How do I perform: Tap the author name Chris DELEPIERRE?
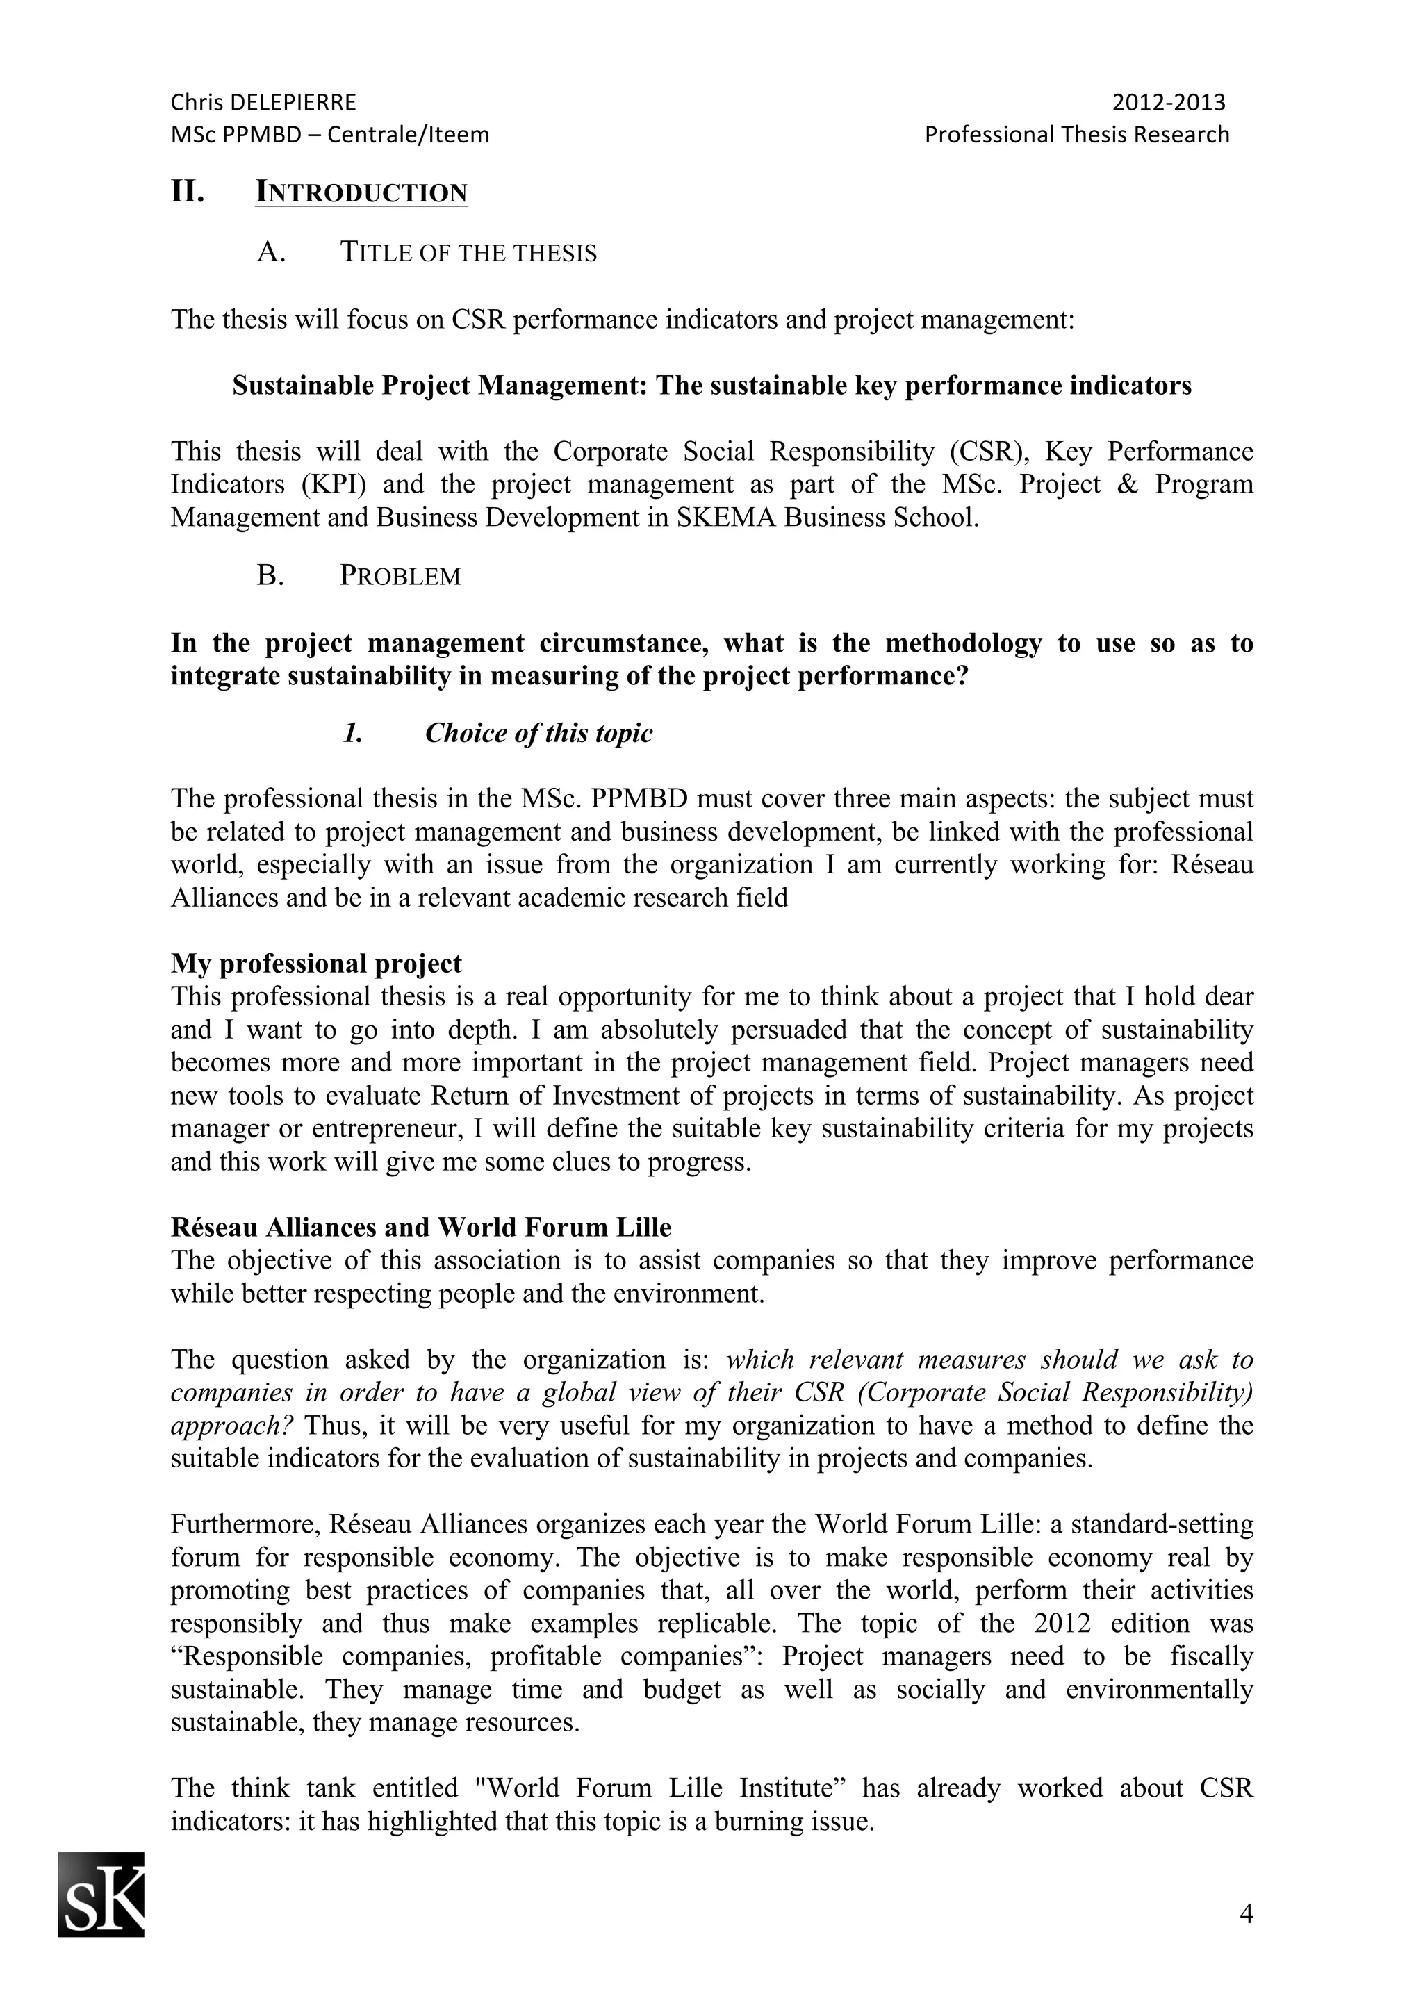click(x=263, y=103)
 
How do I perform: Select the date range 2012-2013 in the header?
click(x=1168, y=103)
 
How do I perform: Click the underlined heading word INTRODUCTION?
click(x=361, y=192)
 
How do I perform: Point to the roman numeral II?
click(x=187, y=191)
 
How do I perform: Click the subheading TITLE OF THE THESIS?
click(x=468, y=254)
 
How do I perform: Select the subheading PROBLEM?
click(x=400, y=576)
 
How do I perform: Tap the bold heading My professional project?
click(x=315, y=963)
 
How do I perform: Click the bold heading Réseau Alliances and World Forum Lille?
click(x=420, y=1227)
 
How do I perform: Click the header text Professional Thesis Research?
click(x=1076, y=134)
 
